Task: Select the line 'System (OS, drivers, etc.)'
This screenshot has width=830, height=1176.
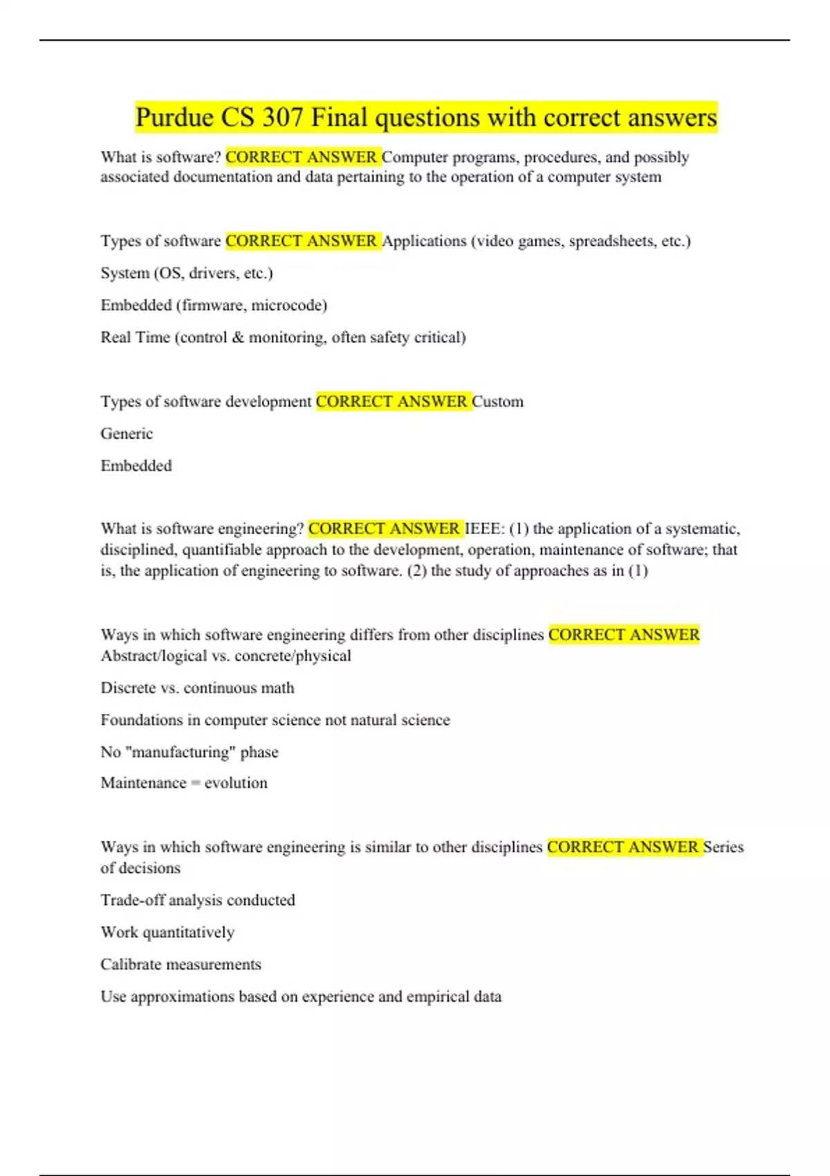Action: click(187, 273)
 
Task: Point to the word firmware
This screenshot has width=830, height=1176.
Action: click(213, 305)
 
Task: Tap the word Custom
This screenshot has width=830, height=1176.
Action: click(497, 401)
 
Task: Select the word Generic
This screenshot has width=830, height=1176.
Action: click(127, 434)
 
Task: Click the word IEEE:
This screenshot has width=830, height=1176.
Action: click(486, 529)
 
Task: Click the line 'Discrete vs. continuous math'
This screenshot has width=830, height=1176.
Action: click(197, 688)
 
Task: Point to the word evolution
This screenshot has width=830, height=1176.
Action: click(236, 783)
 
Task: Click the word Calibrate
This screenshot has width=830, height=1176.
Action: click(131, 964)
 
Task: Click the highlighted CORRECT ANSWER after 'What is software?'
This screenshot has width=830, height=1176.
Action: click(302, 157)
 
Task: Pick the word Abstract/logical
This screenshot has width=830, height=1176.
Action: click(154, 656)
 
